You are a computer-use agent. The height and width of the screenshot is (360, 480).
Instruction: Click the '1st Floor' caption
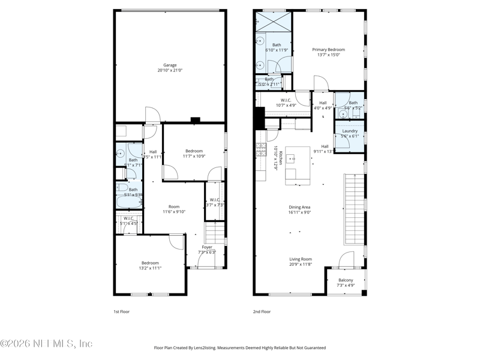coord(121,312)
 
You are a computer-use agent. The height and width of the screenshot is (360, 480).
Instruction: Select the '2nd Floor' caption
coord(262,312)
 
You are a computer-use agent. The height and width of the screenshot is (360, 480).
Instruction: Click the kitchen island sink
coord(290,159)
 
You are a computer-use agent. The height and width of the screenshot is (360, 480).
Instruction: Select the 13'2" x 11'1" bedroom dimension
coord(150,268)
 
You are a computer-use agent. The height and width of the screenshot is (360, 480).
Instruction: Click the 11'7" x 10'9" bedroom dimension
coord(194,156)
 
